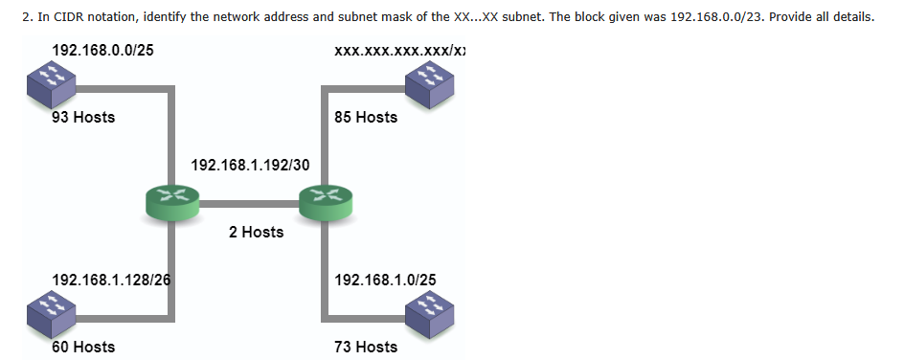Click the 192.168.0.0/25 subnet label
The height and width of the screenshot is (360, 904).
point(102,49)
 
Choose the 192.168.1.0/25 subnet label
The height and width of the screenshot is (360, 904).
point(386,280)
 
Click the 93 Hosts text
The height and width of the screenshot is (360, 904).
point(83,117)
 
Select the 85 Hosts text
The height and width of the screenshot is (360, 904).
point(366,117)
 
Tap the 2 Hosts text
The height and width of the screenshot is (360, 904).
point(257,232)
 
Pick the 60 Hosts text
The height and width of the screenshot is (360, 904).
point(83,347)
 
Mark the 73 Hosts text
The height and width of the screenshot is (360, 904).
point(366,347)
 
